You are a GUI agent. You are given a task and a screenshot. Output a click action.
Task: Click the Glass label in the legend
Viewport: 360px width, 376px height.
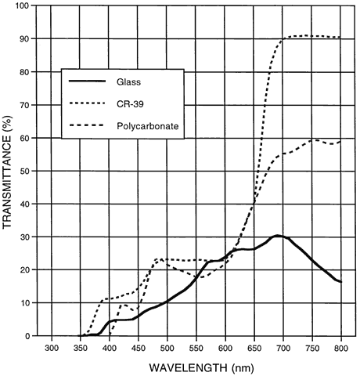(x=128, y=82)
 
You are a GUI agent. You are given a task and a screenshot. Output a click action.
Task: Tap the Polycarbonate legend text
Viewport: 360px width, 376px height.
(x=148, y=126)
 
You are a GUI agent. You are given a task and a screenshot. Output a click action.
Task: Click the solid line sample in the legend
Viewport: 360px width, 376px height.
(x=87, y=81)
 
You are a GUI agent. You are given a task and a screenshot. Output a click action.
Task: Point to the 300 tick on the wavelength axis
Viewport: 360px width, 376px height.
(x=52, y=349)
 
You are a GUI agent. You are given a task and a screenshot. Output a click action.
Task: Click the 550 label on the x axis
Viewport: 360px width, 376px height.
(x=196, y=349)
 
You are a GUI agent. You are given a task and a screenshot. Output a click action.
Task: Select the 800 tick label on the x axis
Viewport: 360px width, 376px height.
(x=340, y=349)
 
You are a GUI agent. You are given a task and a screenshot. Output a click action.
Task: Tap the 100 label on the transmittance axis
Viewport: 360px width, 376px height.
(x=23, y=5)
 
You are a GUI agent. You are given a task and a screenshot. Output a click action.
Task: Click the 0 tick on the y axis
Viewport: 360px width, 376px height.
(x=28, y=336)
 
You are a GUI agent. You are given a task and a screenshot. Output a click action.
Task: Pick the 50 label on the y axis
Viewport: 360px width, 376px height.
(x=26, y=171)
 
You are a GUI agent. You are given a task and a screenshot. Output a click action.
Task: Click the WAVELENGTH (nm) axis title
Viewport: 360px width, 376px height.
(x=201, y=368)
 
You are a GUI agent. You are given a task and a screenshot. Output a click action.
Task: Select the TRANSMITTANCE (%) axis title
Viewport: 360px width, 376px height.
(x=8, y=172)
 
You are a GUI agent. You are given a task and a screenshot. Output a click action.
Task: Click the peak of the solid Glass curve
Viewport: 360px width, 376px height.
(x=278, y=236)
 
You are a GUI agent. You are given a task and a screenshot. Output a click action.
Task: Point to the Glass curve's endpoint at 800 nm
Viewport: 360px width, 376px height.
(x=340, y=282)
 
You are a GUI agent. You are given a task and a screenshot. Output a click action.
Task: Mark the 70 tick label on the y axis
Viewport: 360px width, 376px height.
(x=26, y=105)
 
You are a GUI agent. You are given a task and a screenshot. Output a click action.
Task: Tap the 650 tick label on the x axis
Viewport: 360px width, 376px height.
(x=254, y=349)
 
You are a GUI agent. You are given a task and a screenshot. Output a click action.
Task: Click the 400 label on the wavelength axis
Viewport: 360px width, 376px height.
(x=110, y=349)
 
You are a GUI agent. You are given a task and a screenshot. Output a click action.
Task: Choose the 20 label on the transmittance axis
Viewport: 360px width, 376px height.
(x=26, y=269)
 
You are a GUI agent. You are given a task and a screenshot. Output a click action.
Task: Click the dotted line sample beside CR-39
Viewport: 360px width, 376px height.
(x=87, y=103)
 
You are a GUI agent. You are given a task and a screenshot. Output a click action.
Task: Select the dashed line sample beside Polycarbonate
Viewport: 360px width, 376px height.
(x=87, y=125)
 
